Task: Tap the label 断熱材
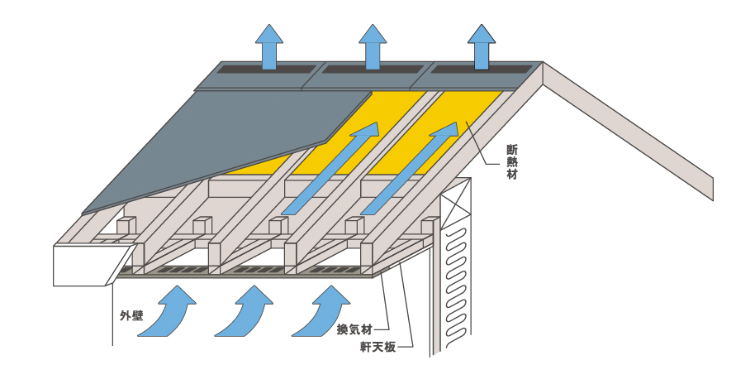point(512,161)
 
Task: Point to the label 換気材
point(353,329)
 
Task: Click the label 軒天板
point(377,347)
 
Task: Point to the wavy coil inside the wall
point(455,273)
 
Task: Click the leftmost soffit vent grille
point(177,270)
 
